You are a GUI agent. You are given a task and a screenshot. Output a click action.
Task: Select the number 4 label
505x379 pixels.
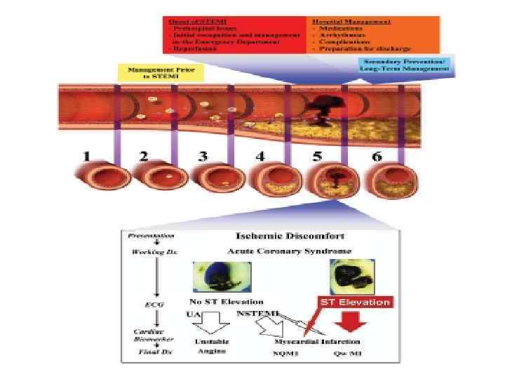pyautogui.click(x=260, y=156)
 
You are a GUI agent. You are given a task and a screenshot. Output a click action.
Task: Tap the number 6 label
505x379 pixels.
pyautogui.click(x=377, y=156)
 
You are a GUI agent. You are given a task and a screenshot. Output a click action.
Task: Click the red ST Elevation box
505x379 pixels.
pyautogui.click(x=356, y=302)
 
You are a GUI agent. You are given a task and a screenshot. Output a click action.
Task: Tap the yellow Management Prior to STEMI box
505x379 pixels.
pyautogui.click(x=144, y=72)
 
